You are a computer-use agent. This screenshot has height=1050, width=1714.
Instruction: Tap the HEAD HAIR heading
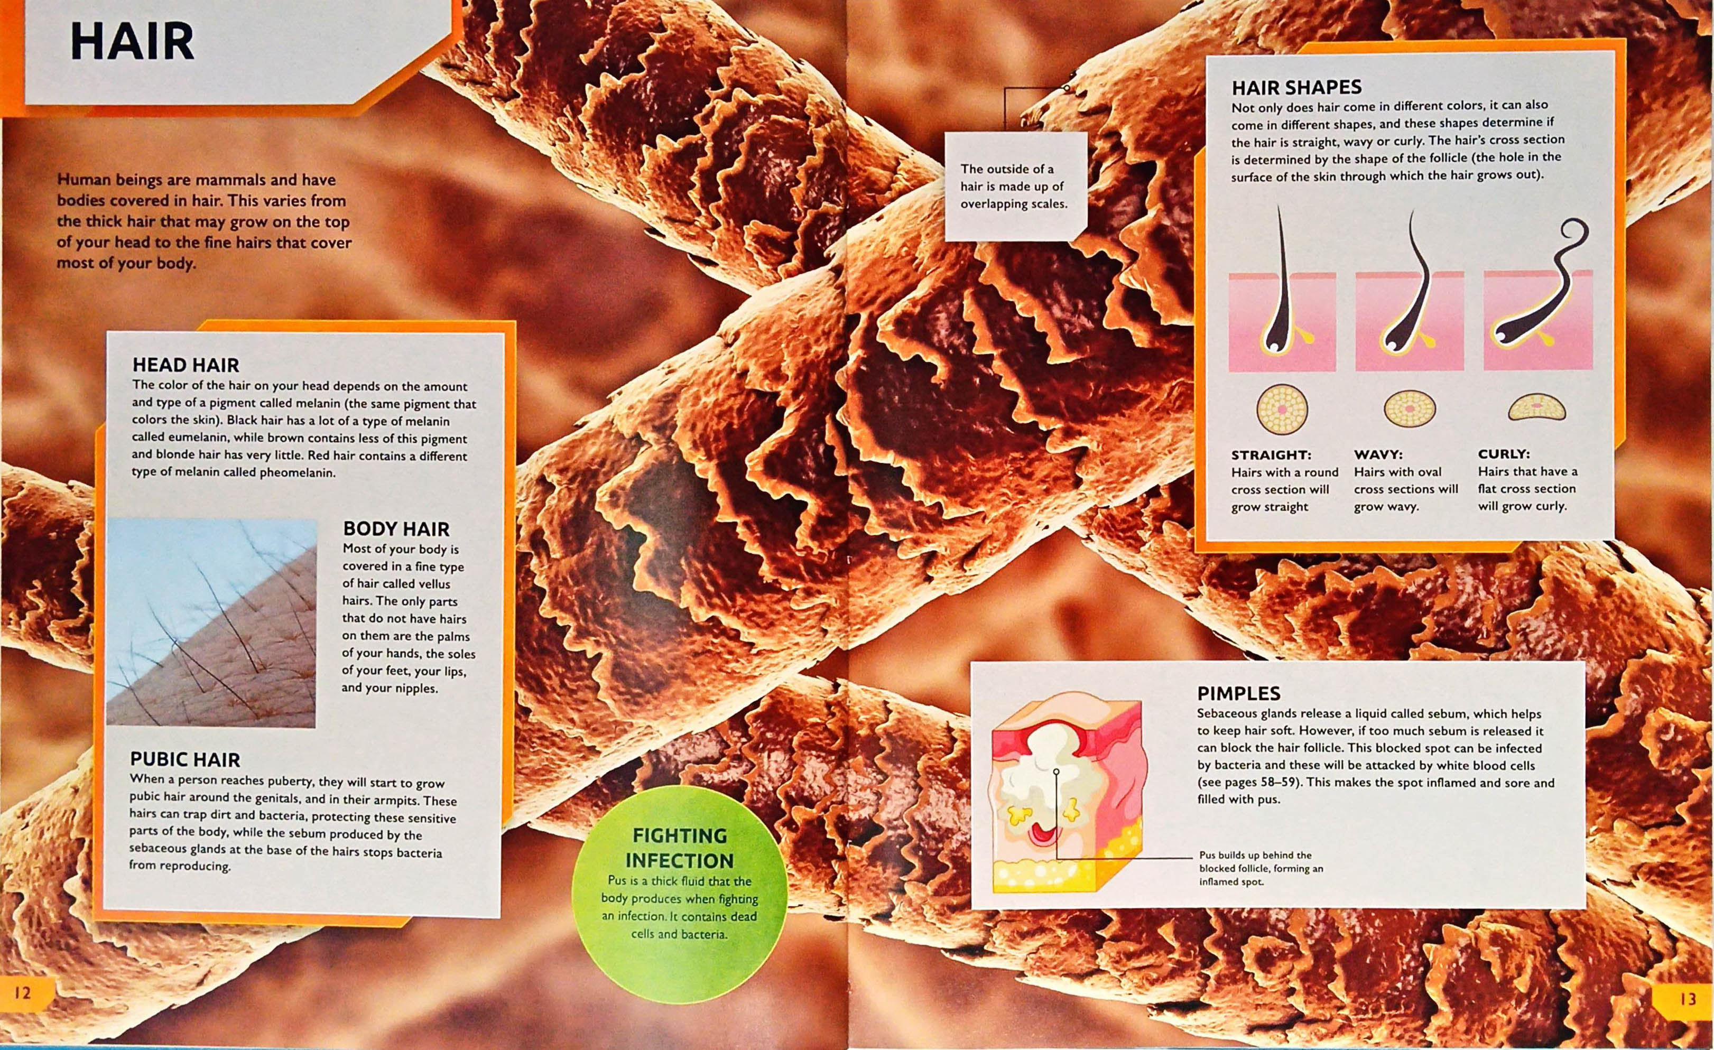[186, 365]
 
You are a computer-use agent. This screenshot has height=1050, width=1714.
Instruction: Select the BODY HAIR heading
[396, 529]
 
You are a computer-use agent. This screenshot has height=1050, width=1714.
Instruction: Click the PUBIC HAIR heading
[185, 759]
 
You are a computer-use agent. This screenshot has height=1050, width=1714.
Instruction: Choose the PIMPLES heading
[1238, 693]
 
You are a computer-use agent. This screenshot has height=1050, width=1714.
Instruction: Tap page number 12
[23, 992]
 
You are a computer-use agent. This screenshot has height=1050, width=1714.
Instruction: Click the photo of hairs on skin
[211, 622]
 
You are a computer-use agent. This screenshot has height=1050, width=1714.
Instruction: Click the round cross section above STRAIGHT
[1282, 410]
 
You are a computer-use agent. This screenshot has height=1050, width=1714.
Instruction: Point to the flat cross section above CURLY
[1536, 407]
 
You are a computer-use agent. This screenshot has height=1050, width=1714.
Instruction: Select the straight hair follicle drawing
[1282, 306]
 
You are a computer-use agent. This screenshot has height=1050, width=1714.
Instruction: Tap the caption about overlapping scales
[1014, 187]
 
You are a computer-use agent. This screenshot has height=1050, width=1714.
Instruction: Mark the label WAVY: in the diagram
[1378, 455]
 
